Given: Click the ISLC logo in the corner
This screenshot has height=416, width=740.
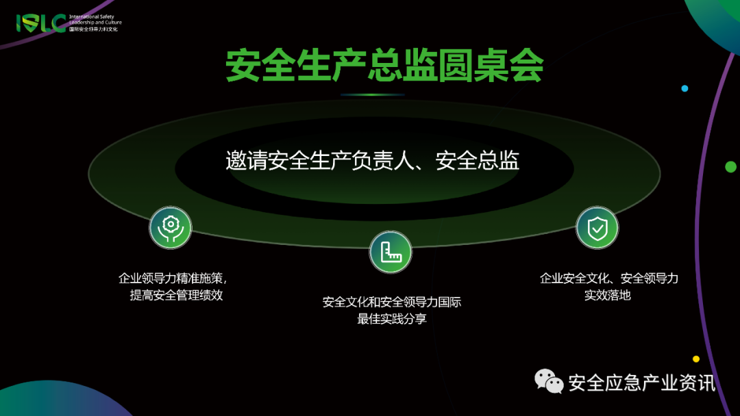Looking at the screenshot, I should [x=41, y=23].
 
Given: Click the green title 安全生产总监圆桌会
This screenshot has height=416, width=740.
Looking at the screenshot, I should [x=384, y=66].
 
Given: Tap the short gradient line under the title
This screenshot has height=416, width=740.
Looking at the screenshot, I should [x=373, y=94].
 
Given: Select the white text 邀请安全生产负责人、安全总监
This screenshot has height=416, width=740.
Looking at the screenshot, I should [x=373, y=160].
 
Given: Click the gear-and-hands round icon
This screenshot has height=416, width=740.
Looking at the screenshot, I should [x=171, y=227].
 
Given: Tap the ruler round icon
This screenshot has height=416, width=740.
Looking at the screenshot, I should [x=391, y=252].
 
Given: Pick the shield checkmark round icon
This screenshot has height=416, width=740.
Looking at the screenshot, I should [x=597, y=227].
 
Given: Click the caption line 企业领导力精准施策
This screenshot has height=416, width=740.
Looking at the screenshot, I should [x=172, y=278].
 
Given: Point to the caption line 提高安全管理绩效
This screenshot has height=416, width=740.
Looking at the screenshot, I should [x=176, y=296].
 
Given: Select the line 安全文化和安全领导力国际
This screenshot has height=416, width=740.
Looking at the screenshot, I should [x=392, y=302].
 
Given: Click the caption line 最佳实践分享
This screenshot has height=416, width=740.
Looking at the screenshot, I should [x=392, y=319].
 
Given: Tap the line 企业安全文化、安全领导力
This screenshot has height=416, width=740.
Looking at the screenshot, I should [x=608, y=278].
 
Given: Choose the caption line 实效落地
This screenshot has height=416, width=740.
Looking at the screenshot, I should [x=607, y=296].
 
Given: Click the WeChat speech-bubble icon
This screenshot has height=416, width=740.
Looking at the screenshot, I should [x=549, y=381].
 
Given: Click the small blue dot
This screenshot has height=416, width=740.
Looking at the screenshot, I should [x=684, y=88].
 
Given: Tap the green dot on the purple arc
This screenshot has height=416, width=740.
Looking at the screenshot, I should [x=730, y=166].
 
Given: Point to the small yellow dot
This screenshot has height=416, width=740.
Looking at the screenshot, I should [x=696, y=359].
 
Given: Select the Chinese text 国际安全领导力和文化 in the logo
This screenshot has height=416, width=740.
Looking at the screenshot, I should [x=94, y=29].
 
